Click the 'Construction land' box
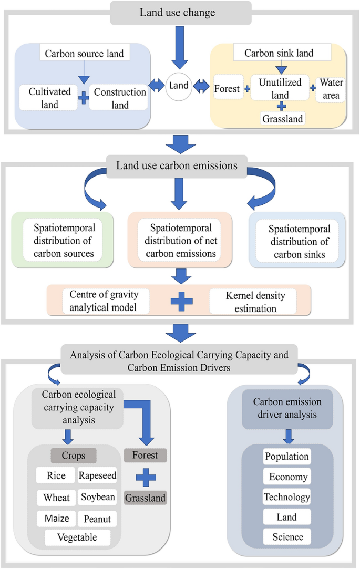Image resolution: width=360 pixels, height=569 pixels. click(x=120, y=98)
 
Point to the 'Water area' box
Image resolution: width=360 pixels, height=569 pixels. click(x=331, y=89)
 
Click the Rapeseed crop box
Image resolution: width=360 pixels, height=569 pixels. click(x=98, y=476)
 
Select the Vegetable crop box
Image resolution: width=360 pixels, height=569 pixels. click(x=78, y=537)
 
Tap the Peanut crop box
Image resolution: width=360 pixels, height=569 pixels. click(x=97, y=519)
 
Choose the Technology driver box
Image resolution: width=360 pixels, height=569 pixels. click(x=287, y=496)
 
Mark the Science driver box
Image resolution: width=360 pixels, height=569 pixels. click(x=287, y=536)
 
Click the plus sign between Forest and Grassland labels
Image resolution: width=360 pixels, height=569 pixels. click(x=145, y=478)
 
